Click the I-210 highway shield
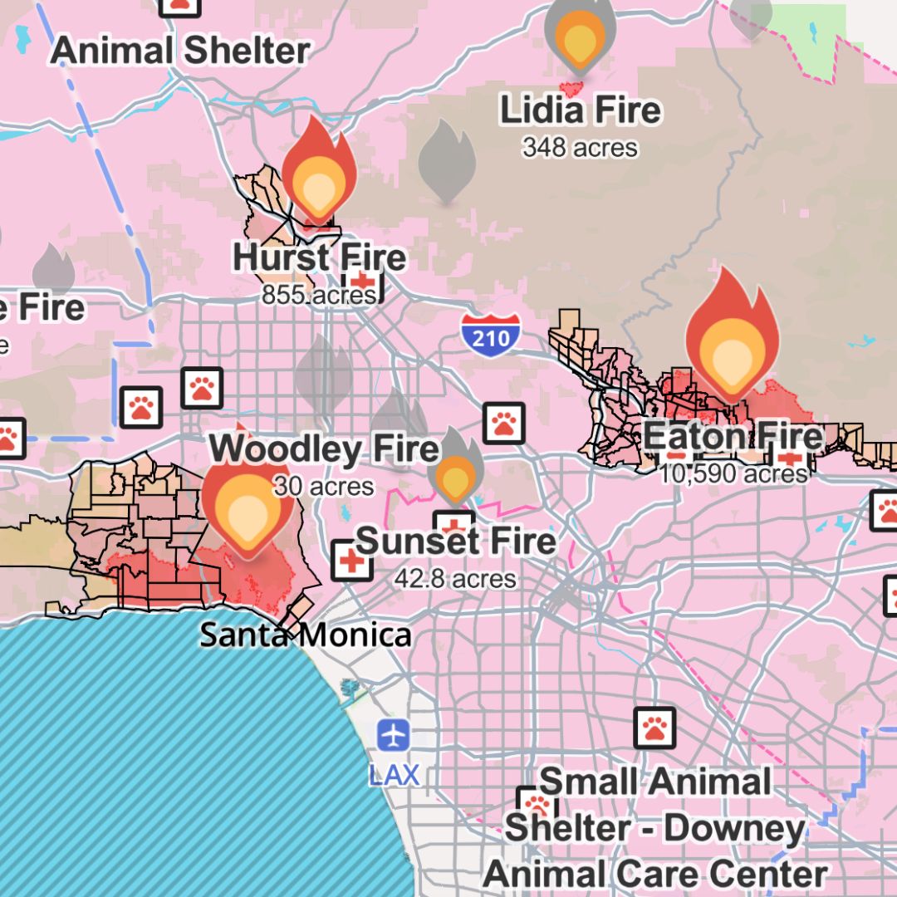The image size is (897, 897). point(491,331)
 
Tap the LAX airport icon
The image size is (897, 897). point(393,735)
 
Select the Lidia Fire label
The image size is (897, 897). point(580,110)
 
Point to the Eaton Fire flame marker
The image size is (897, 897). point(731,337)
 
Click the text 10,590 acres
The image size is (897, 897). point(733,473)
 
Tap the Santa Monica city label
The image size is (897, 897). point(306,635)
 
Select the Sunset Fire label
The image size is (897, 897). point(456,542)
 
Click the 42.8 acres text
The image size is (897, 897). point(455,578)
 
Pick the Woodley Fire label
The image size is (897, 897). point(324,449)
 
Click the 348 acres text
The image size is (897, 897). point(580,148)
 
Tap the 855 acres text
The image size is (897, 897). point(319,295)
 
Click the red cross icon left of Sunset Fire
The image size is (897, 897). point(351,561)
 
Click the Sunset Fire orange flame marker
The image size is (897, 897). point(455,475)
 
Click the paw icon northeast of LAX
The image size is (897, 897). point(654,728)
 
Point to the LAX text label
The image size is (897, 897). point(394,775)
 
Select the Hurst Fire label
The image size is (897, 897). point(319,258)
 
